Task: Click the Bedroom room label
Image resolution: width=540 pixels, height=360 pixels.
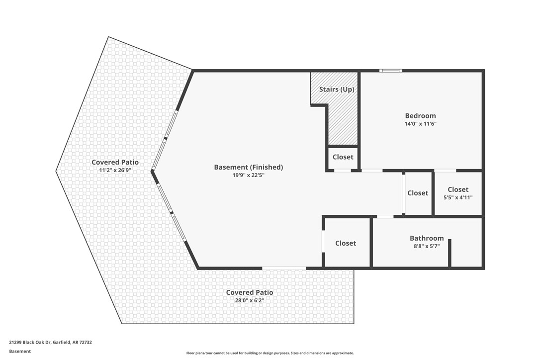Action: pos(420,116)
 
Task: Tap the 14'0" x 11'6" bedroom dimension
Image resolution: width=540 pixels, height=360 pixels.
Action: pos(420,124)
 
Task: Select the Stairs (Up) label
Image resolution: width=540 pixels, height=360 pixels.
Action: pos(337,90)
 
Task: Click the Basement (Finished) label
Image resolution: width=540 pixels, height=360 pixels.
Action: pos(248,167)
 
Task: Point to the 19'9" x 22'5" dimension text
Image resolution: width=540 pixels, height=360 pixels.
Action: pos(248,175)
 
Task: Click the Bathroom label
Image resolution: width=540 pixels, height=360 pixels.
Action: pos(427,238)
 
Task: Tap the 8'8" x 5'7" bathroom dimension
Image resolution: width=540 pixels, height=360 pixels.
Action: pos(427,246)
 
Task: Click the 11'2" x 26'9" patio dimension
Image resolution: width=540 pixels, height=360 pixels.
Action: pos(115,170)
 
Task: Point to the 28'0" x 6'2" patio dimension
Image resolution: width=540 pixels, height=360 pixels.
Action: pos(249,300)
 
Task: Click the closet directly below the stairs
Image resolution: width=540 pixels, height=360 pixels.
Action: pos(343,157)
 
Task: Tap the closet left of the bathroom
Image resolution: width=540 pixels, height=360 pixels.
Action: pos(346,243)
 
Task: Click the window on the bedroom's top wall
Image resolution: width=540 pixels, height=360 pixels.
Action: pos(391,71)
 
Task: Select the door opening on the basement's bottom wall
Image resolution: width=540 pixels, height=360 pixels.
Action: pos(284,269)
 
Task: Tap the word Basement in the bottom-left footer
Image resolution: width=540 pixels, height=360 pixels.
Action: pos(20,351)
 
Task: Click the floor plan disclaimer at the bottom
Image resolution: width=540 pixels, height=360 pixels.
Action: pos(270,353)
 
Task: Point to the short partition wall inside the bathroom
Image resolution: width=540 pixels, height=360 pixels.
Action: pos(450,253)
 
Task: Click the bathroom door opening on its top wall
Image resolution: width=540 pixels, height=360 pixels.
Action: pos(385,216)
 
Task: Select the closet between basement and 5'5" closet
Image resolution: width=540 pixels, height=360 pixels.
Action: pos(418,193)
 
